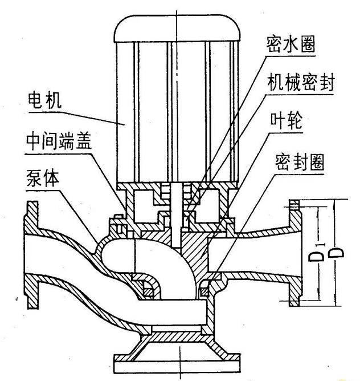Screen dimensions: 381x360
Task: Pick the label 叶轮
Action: (x=287, y=123)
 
